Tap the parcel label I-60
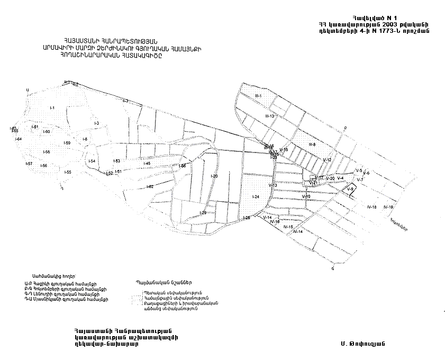[47, 131]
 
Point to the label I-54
[92, 161]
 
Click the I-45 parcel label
[147, 164]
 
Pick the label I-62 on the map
[150, 186]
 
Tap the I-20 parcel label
[214, 176]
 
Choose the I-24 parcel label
[256, 197]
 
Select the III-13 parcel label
[269, 116]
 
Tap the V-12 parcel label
[327, 159]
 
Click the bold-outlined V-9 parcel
[350, 189]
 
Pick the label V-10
[306, 196]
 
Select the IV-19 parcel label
[388, 206]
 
